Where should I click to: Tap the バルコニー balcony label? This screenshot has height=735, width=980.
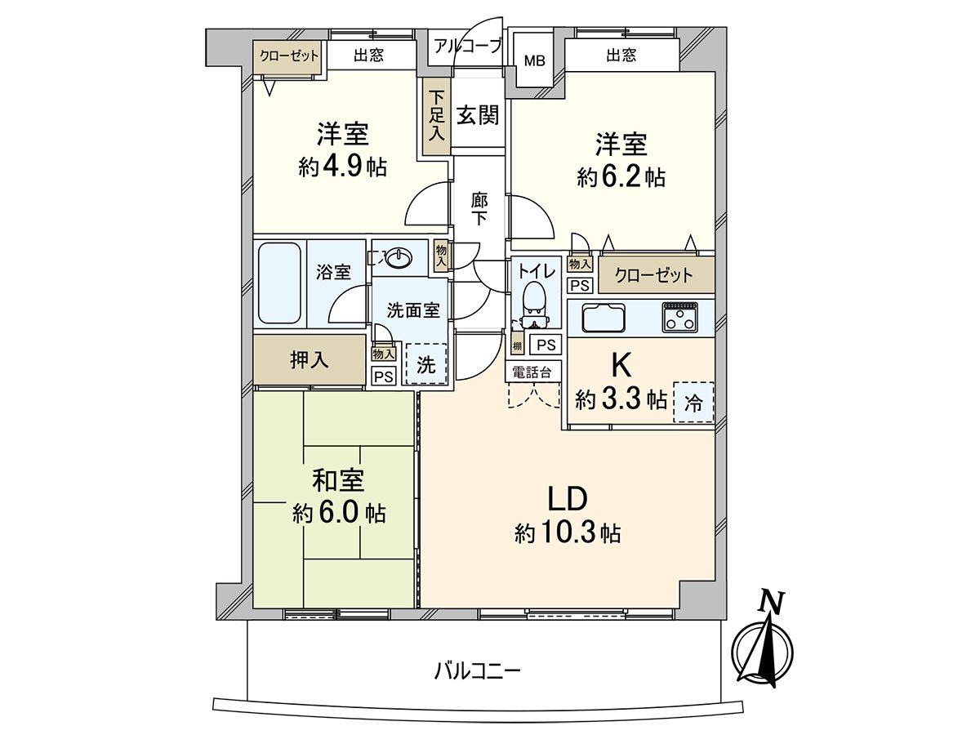(x=477, y=671)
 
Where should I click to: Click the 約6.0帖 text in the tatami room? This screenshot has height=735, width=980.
(x=339, y=513)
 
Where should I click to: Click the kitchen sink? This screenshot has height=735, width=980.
(x=604, y=317)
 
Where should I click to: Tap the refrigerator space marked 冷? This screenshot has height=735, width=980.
(x=693, y=401)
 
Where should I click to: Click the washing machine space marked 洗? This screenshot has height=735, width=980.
(x=426, y=363)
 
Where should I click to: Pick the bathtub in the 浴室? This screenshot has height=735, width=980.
(x=279, y=283)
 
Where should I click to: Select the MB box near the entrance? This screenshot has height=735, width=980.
(x=534, y=60)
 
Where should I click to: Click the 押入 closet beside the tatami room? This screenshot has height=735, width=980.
(x=309, y=359)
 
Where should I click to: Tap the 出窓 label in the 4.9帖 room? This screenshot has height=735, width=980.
(x=368, y=56)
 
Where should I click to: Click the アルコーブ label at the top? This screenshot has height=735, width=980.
(x=467, y=46)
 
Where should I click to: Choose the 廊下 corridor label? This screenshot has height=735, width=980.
(x=479, y=208)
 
